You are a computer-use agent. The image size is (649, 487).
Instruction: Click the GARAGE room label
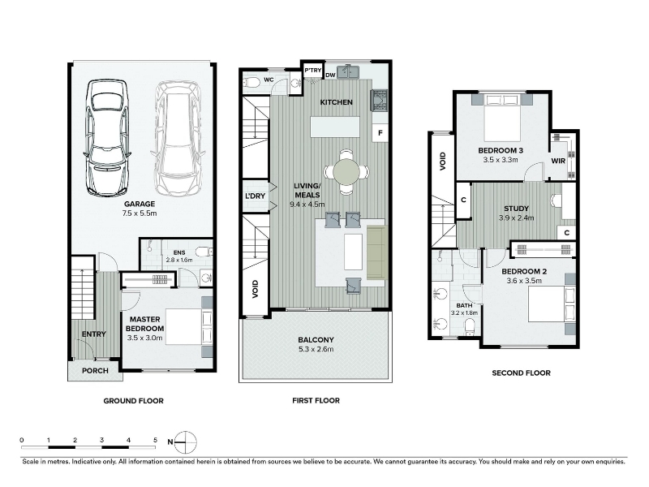(x=140, y=204)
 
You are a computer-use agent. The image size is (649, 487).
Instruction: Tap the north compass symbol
(x=185, y=442)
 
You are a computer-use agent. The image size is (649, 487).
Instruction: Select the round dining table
(x=346, y=171)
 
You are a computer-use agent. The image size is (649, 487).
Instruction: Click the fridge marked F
(x=380, y=133)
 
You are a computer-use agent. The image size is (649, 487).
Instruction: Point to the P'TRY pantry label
(x=313, y=71)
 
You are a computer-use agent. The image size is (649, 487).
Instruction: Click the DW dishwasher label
(x=330, y=75)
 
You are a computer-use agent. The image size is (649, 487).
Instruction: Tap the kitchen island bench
(x=335, y=127)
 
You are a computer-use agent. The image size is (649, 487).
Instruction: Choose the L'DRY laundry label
(x=255, y=196)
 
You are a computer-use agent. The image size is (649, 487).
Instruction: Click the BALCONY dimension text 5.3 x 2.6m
(x=316, y=349)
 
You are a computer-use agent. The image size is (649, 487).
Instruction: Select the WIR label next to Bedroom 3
(x=558, y=161)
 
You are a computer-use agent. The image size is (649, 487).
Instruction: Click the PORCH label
(x=95, y=371)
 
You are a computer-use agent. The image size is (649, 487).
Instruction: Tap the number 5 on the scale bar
(x=155, y=440)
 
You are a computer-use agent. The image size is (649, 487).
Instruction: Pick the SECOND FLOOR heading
(x=521, y=373)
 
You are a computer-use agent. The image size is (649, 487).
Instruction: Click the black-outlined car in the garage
(x=106, y=137)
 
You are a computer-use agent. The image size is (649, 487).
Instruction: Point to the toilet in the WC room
(x=251, y=84)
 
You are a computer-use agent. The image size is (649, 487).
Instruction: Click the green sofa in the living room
(x=377, y=252)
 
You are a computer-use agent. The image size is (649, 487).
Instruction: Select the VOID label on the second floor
(x=443, y=161)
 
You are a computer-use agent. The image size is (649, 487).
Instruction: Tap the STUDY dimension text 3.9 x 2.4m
(x=516, y=218)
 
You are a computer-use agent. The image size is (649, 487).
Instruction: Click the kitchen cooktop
(x=379, y=100)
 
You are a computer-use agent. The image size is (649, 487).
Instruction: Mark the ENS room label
(x=179, y=252)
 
